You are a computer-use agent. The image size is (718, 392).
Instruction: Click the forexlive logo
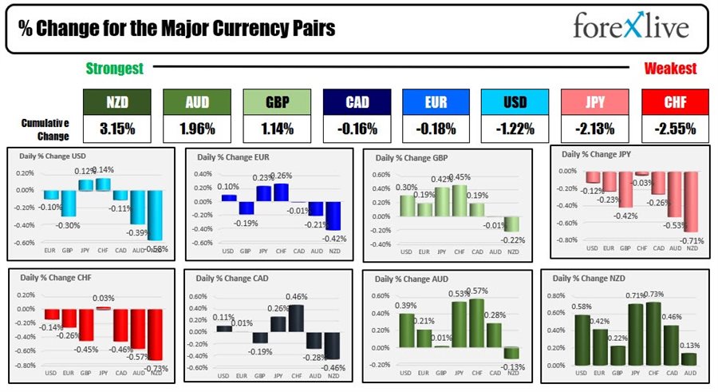[x=630, y=27]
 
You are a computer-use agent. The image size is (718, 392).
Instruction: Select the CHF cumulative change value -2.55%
[x=674, y=129]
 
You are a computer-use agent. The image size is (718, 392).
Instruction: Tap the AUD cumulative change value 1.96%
[x=196, y=129]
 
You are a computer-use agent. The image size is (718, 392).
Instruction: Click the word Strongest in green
[x=114, y=69]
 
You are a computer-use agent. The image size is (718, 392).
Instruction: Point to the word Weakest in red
[x=669, y=69]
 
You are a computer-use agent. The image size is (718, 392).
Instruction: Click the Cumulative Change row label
[x=45, y=129]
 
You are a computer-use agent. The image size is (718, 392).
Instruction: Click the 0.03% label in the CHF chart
[x=103, y=298]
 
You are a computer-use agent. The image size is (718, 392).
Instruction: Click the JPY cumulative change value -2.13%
[x=594, y=129]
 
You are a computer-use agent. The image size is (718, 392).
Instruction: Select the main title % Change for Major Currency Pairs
[x=177, y=29]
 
